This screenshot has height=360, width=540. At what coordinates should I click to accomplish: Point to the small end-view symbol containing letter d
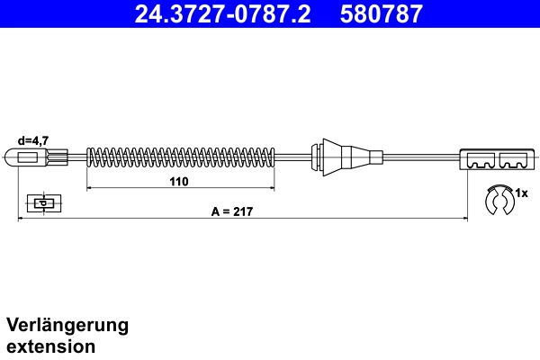(x=41, y=202)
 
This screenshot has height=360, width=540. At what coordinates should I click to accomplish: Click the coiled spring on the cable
(x=180, y=157)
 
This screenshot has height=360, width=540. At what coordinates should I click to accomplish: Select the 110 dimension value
(x=178, y=181)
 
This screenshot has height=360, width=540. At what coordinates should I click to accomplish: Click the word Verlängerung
(x=67, y=325)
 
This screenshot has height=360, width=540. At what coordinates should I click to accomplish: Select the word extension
(x=50, y=345)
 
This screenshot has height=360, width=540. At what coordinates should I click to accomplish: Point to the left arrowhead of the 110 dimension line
(x=89, y=189)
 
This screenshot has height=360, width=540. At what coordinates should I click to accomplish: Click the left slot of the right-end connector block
(x=480, y=163)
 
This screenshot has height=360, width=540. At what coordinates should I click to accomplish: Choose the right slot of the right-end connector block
(x=513, y=163)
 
